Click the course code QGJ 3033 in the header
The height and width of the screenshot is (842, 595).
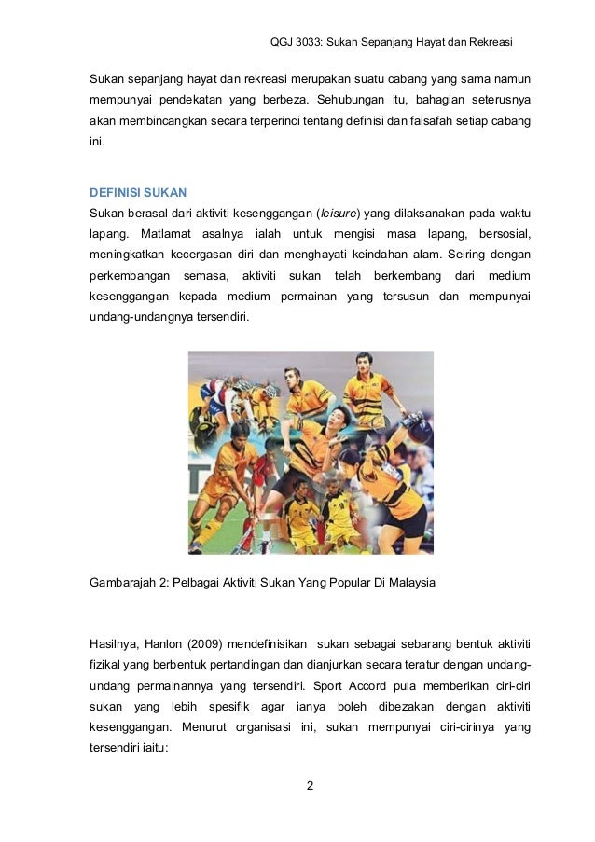point(293,42)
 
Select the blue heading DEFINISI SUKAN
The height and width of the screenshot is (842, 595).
point(137,192)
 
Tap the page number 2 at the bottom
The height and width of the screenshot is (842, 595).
point(311,786)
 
